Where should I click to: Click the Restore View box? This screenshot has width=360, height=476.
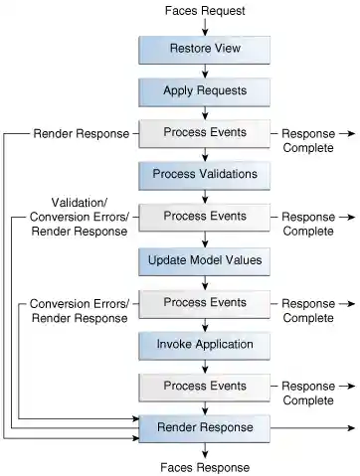click(x=205, y=49)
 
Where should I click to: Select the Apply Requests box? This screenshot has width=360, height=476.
click(x=205, y=90)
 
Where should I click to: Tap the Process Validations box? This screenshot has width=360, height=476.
click(x=205, y=174)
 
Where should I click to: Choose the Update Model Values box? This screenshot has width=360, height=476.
click(x=205, y=260)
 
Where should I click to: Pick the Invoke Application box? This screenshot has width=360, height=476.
click(x=205, y=344)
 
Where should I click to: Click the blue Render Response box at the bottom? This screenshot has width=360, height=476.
click(x=205, y=427)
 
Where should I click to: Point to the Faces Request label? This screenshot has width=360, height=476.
click(x=205, y=10)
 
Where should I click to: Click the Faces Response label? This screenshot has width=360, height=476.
click(x=205, y=467)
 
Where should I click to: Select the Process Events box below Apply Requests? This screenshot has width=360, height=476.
click(x=205, y=132)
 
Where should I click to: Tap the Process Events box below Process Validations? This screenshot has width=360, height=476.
click(x=205, y=216)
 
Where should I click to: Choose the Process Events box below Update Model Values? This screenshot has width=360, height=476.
click(x=205, y=302)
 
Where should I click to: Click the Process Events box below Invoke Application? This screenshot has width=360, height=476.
click(x=205, y=386)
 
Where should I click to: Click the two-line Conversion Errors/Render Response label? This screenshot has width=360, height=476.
click(x=80, y=310)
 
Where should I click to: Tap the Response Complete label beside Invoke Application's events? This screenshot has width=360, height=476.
click(x=308, y=393)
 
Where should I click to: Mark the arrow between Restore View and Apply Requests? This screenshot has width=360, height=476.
click(x=205, y=70)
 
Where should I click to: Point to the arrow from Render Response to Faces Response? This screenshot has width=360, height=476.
click(x=205, y=449)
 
